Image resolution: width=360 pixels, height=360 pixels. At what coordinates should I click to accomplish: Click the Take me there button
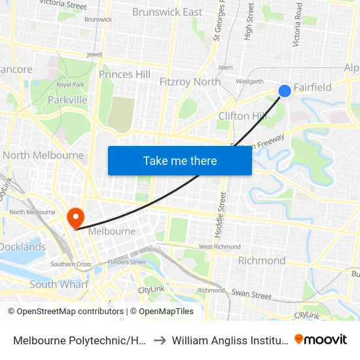coord(180,160)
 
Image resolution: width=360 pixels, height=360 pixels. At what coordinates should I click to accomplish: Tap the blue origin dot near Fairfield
coord(285,91)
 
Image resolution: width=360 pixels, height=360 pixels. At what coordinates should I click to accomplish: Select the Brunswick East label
coord(167,12)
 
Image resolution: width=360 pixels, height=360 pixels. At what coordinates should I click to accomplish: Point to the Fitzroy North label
coord(190,82)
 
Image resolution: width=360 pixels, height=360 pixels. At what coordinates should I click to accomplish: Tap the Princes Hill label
coord(125,75)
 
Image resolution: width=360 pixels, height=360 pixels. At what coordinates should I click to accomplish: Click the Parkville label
coord(67,100)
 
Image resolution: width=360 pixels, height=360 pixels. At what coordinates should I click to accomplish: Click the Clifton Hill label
coord(242,116)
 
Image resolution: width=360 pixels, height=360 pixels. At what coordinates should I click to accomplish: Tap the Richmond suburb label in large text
coord(261,261)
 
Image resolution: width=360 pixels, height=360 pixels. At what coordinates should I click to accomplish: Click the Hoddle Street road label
coord(220,214)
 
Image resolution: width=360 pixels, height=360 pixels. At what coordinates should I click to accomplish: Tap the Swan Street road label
coord(251,295)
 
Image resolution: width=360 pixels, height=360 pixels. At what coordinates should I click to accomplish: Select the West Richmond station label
coord(219,247)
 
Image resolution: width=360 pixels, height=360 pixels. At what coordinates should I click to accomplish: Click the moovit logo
coord(321,339)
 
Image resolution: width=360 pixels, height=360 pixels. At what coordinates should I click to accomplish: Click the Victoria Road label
coord(298,25)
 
